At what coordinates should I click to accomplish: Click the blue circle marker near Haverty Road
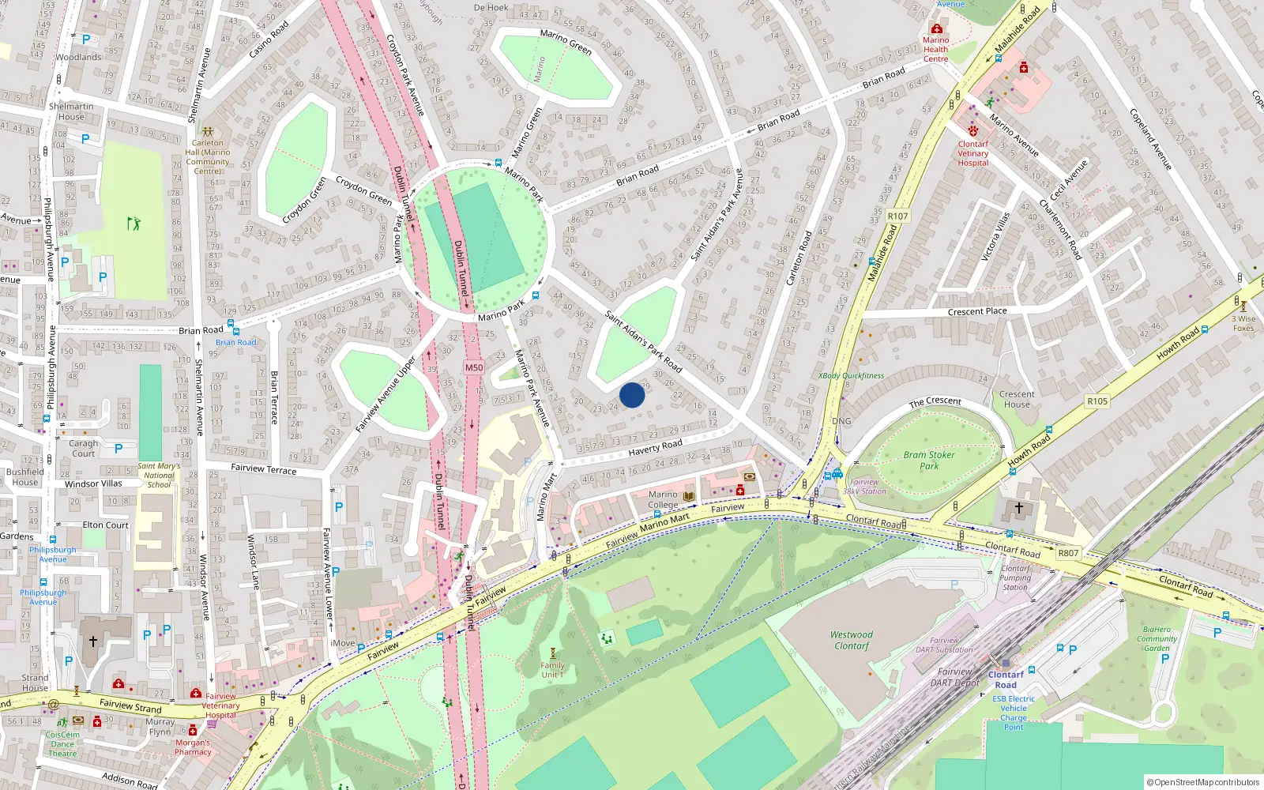coord(632,395)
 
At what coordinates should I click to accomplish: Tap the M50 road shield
coord(473,367)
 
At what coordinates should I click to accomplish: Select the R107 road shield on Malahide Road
coord(897,216)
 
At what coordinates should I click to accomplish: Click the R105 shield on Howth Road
coord(1097,401)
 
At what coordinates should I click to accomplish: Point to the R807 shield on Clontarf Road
coord(1068,553)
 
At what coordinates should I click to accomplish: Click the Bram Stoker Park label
coord(929,460)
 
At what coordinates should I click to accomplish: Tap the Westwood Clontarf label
coord(851,640)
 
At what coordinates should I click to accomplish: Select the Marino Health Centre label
coord(936,49)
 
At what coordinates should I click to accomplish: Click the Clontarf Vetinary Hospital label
coord(973,153)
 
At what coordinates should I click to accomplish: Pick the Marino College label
coord(663,499)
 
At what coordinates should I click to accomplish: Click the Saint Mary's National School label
coord(159,475)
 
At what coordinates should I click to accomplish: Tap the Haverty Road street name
coord(655,448)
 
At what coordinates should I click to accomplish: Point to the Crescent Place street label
coord(977,311)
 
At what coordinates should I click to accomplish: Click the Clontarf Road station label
coord(1006,679)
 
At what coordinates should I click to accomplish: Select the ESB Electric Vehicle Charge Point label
coord(1014,713)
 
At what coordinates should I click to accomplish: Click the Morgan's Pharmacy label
coord(193,747)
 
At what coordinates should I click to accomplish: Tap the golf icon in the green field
coord(134,224)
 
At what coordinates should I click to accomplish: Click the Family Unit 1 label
coord(552,670)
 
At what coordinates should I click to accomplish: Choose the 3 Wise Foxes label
coord(1243,324)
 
